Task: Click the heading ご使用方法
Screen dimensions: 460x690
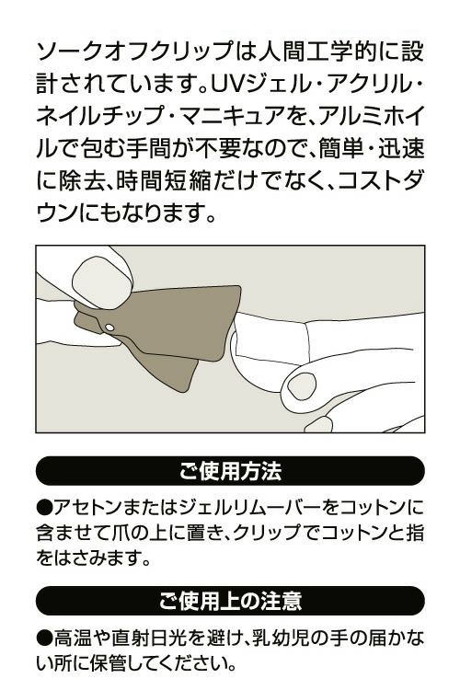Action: [230, 471]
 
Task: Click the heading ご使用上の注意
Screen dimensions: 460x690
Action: [230, 601]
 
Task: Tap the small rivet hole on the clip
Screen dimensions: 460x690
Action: [109, 328]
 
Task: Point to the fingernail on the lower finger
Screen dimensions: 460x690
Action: [302, 385]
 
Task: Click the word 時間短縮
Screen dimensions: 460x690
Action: [164, 178]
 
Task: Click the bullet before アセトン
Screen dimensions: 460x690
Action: [44, 507]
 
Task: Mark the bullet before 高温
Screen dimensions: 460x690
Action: [44, 638]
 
